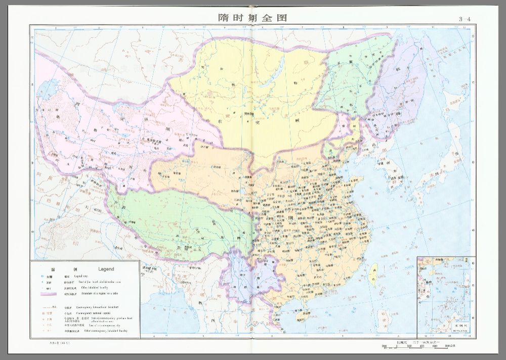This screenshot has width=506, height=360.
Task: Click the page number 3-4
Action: [x=465, y=19]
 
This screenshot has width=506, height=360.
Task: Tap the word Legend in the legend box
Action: [x=106, y=269]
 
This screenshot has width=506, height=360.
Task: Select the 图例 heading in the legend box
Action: [x=53, y=269]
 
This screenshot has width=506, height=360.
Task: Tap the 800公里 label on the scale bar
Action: [x=450, y=346]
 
